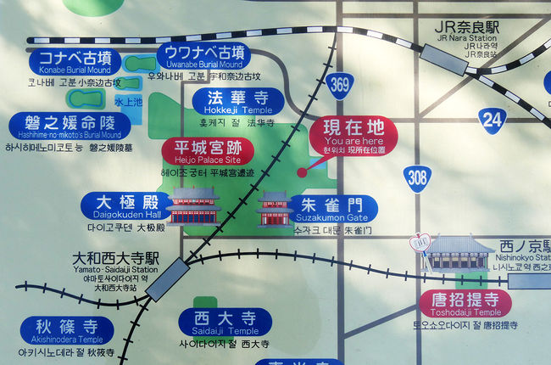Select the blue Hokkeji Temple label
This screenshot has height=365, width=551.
(231, 102)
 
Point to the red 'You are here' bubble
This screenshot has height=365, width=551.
(353, 134)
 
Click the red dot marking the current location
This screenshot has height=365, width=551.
(301, 172)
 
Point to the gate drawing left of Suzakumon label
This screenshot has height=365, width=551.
(275, 209)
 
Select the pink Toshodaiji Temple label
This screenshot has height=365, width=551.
(465, 303)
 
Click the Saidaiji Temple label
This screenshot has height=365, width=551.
(225, 323)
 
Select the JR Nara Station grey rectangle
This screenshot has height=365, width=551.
(442, 60)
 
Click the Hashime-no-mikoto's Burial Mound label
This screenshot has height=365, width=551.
(70, 126)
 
